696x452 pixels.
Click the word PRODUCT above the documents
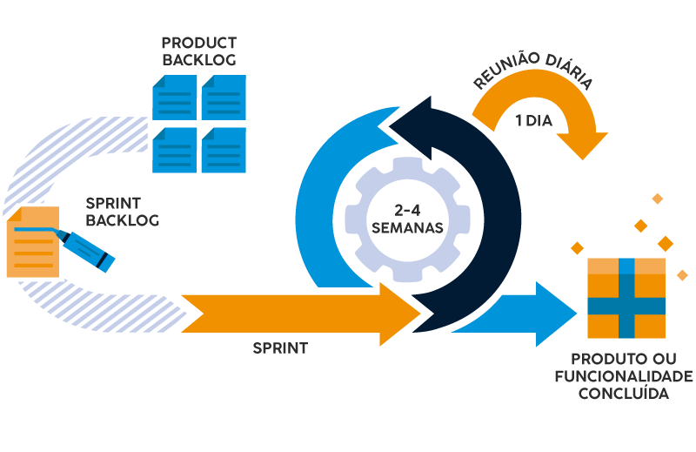pos(198,43)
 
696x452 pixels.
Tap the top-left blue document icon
pos(174,97)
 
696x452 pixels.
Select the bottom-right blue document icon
pos(224,149)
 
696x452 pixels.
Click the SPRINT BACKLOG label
pos(122,212)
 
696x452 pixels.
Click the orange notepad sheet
pos(31,244)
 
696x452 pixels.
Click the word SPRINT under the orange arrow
pos(280,347)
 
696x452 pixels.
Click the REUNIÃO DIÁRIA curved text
pos(532,77)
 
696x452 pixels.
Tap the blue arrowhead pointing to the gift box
pos(557,313)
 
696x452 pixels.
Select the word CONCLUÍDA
pos(626,394)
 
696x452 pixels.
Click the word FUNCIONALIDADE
pos(624,376)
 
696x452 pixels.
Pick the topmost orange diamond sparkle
pos(657,199)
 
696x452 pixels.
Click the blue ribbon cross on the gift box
pos(626,305)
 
